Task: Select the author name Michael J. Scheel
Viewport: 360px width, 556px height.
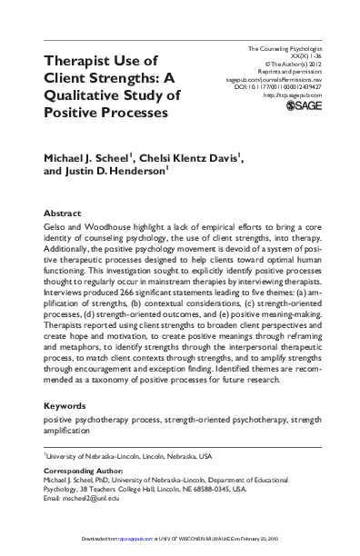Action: tap(92, 159)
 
